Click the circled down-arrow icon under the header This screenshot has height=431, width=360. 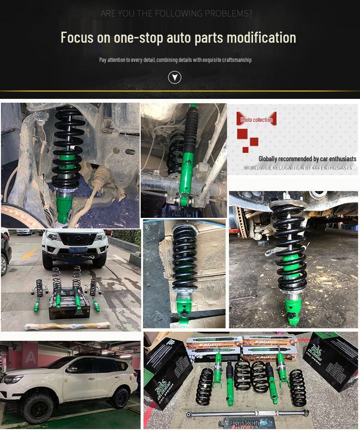(x=175, y=77)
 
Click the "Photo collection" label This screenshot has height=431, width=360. (x=256, y=120)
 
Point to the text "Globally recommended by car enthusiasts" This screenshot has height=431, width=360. (x=307, y=158)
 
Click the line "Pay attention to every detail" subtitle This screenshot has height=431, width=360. (x=175, y=60)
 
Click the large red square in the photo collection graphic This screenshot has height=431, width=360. (x=242, y=133)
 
